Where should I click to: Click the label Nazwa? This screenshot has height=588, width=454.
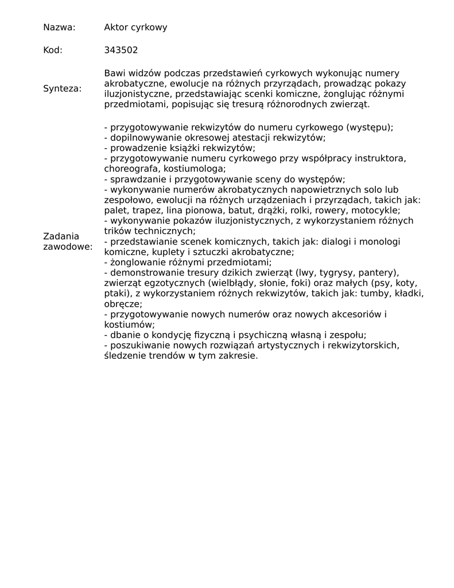[x=59, y=27]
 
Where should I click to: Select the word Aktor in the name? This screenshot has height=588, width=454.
[x=117, y=27]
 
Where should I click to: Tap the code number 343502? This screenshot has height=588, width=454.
[x=121, y=50]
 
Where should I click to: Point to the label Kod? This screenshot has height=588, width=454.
[x=53, y=50]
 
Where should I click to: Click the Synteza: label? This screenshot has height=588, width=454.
[x=62, y=88]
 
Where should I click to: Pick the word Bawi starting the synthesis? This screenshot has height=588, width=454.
[x=114, y=73]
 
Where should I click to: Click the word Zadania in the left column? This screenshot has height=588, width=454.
[x=61, y=236]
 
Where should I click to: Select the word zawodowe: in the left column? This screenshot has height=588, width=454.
[x=67, y=247]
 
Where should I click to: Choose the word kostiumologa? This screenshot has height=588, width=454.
[x=195, y=169]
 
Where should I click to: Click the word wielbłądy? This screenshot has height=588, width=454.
[x=233, y=283]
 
